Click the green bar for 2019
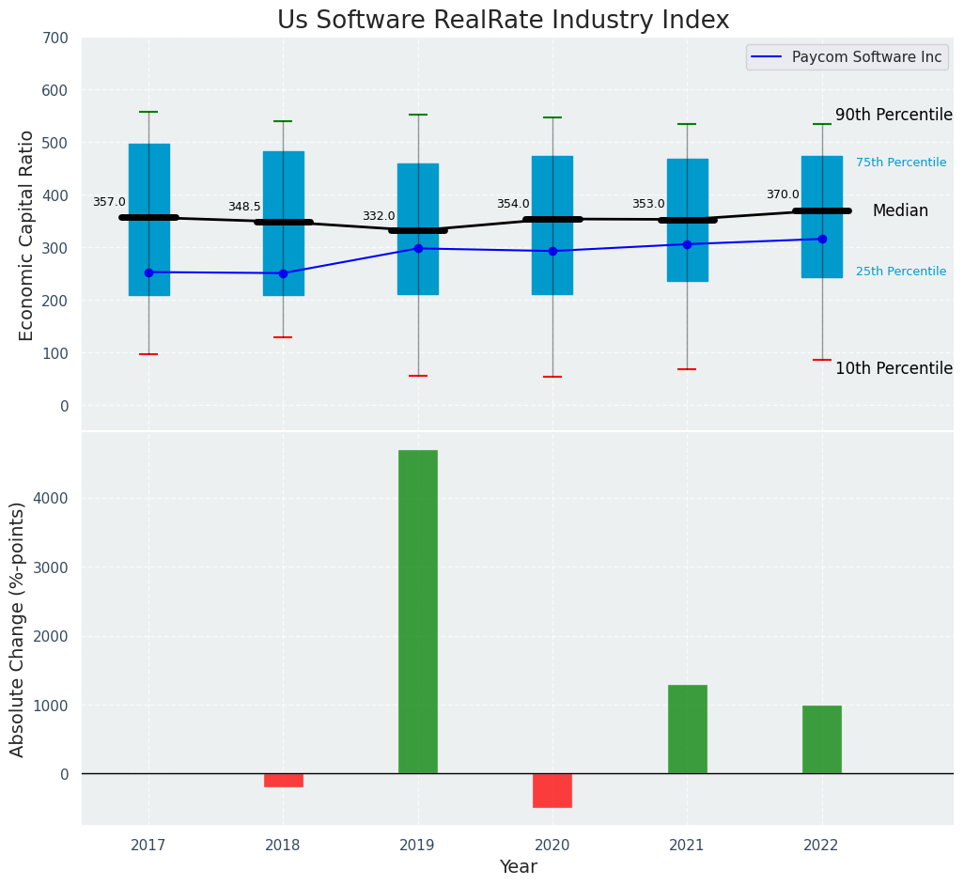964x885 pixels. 417,612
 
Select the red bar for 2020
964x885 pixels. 552,790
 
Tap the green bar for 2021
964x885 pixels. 687,729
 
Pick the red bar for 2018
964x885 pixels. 283,780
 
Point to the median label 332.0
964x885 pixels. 379,216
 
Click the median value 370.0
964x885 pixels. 783,194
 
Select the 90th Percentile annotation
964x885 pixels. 894,115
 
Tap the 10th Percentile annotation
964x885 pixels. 894,368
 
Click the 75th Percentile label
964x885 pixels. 900,163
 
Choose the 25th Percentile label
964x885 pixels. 900,272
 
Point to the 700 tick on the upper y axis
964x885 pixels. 54,38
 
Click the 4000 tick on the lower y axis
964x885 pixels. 50,498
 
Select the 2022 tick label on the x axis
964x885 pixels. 821,845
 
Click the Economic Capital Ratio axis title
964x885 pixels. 27,235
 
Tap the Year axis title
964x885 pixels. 518,867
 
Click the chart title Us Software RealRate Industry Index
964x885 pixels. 503,21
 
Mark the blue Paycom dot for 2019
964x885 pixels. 418,248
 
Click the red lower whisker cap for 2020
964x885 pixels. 552,377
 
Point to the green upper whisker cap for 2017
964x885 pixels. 148,112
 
